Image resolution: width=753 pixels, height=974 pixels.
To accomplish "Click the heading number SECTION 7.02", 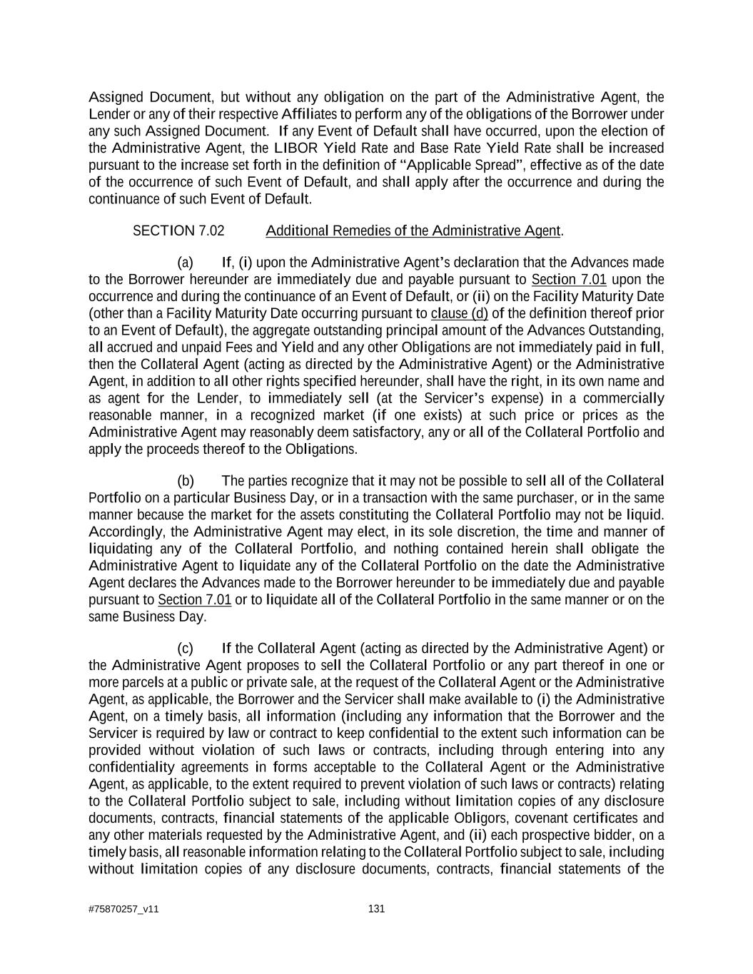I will click(x=178, y=231).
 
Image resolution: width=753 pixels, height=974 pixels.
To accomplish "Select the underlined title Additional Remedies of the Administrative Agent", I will click(x=413, y=231).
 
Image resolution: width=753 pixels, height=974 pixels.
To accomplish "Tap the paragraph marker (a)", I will click(x=185, y=263).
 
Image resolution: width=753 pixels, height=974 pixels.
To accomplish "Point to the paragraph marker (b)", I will click(x=186, y=481).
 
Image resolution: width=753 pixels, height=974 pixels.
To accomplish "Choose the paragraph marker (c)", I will click(x=185, y=649).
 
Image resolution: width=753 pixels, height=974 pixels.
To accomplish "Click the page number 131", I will click(x=376, y=909).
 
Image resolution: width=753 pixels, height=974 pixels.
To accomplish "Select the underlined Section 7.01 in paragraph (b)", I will click(x=194, y=600).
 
